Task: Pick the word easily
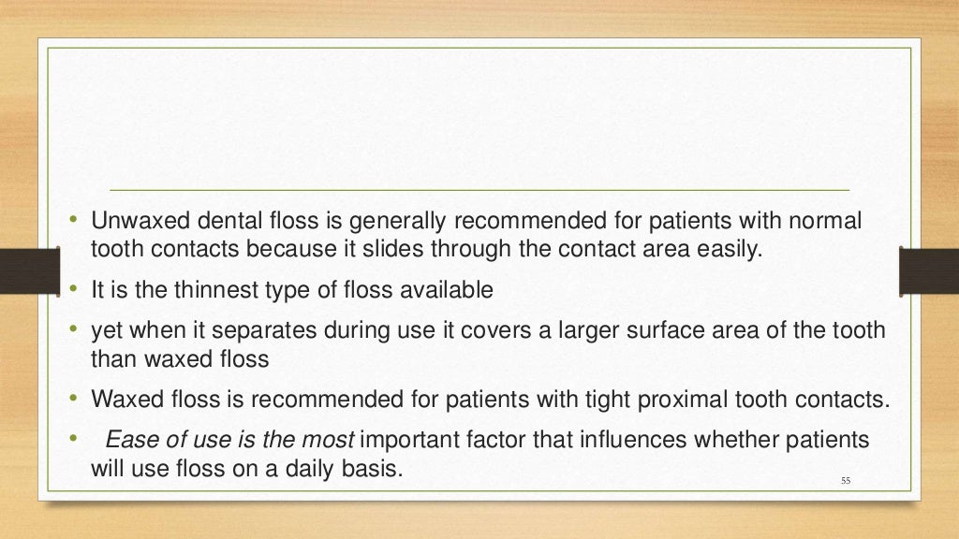pyautogui.click(x=718, y=250)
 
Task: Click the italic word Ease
pyautogui.click(x=127, y=440)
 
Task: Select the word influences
pyautogui.click(x=652, y=440)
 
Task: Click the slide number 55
pyautogui.click(x=846, y=481)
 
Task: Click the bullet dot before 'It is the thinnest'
pyautogui.click(x=72, y=290)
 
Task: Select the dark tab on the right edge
pyautogui.click(x=928, y=269)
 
